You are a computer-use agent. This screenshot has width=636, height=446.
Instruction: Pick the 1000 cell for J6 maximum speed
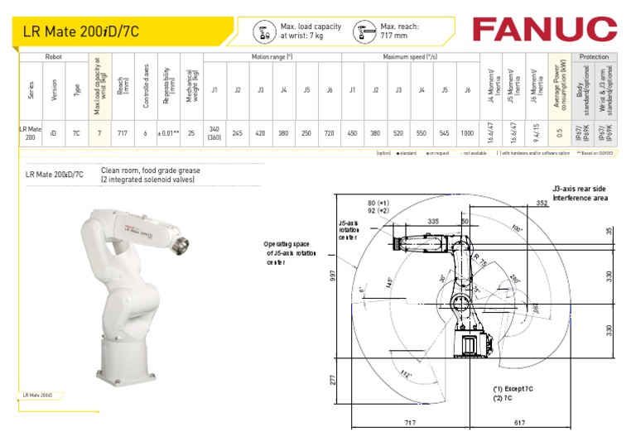pos(467,132)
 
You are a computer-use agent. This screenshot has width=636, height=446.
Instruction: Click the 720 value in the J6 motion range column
pos(329,132)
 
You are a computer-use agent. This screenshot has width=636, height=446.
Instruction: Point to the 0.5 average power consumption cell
pos(560,132)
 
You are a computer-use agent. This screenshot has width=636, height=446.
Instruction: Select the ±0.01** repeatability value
pos(169,132)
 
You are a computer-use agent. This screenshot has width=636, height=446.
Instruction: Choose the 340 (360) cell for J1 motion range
pos(214,132)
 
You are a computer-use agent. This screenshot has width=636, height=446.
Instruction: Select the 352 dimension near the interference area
pos(565,202)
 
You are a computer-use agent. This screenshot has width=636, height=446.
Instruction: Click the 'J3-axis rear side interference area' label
pos(580,193)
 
